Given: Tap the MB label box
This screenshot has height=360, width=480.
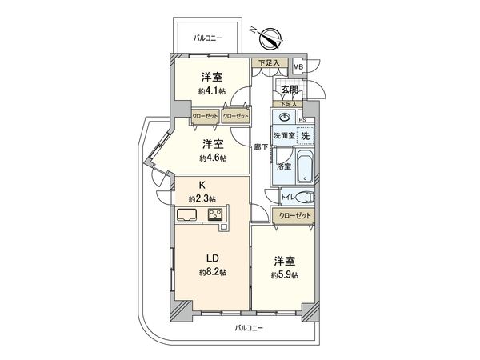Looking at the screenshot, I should [x=298, y=67].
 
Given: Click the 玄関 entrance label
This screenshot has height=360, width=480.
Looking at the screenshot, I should [x=289, y=89].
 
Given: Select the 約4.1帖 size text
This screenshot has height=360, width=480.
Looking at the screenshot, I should [x=211, y=92].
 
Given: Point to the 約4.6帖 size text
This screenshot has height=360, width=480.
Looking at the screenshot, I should [x=213, y=158].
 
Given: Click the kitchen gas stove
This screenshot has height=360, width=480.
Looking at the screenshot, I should [x=216, y=214].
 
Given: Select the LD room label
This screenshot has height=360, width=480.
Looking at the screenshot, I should [x=214, y=258].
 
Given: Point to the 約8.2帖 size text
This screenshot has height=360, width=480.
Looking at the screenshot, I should [x=213, y=272].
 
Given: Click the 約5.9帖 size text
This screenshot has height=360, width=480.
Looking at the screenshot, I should [x=285, y=275].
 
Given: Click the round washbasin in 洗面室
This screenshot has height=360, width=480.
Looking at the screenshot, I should [x=285, y=118].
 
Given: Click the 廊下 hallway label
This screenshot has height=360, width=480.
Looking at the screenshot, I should [x=261, y=147].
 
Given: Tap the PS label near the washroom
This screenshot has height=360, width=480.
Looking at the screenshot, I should [x=302, y=121].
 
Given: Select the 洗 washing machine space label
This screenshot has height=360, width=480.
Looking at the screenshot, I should [x=305, y=136].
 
